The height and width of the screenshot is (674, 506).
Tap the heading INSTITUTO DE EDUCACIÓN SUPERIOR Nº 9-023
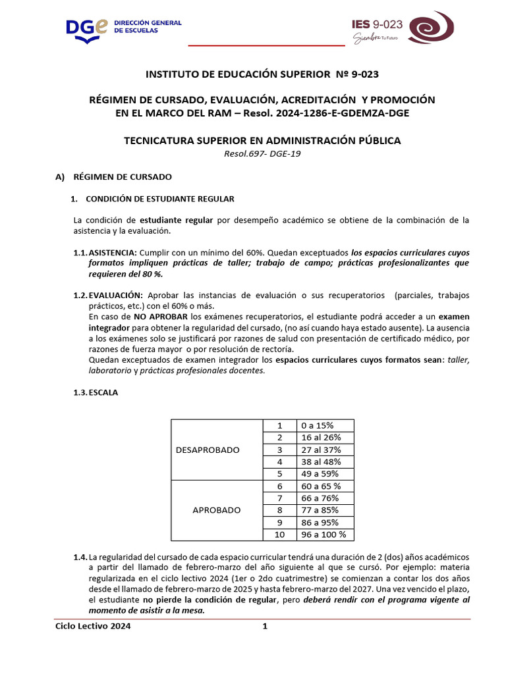coord(262,74)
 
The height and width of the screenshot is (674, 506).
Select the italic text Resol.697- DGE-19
coord(262,153)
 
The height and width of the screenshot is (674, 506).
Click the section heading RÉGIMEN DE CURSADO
coord(122,177)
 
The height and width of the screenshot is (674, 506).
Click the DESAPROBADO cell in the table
coord(208,450)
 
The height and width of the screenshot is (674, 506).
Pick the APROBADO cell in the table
coord(216,510)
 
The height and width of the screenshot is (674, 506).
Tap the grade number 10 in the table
coord(279,534)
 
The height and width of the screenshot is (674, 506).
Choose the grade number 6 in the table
coord(279,486)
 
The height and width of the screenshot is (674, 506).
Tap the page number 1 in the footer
coord(265,627)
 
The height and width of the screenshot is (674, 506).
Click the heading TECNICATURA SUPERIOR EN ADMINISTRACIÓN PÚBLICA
coord(262,140)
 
